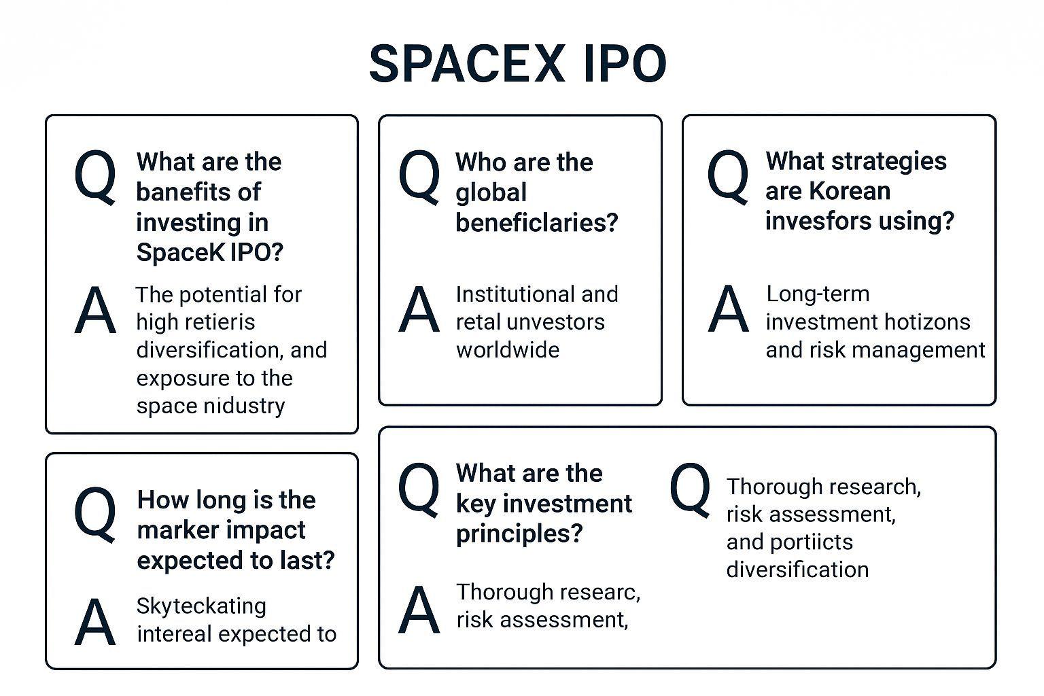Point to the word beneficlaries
536,222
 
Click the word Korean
850,191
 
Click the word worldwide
508,349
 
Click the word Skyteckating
201,607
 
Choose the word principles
519,534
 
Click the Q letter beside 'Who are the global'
419,176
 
